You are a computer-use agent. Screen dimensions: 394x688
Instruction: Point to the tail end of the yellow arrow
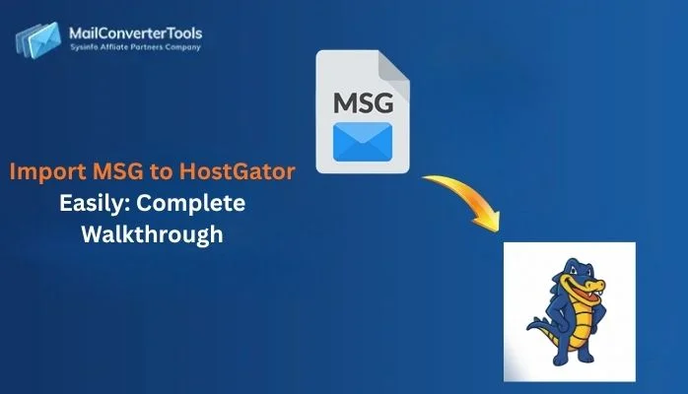pyautogui.click(x=426, y=179)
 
